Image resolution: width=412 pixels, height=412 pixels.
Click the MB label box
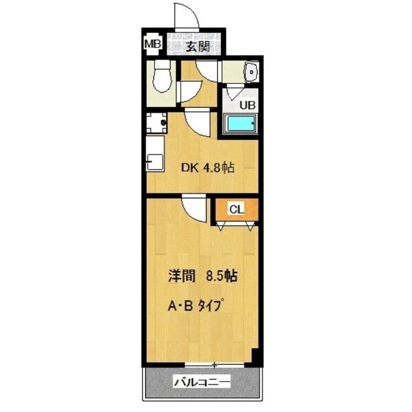[x=152, y=45]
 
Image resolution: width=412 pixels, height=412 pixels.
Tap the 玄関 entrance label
[x=196, y=47]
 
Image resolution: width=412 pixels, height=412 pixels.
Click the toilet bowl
[x=162, y=76]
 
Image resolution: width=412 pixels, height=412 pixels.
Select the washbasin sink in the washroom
[x=251, y=71]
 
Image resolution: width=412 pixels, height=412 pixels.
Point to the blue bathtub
[x=241, y=126]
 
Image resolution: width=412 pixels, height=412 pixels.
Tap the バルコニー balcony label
[x=201, y=382]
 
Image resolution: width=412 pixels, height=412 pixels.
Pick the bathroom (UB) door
[x=235, y=92]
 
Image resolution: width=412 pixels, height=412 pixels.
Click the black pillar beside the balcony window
[x=255, y=358]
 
